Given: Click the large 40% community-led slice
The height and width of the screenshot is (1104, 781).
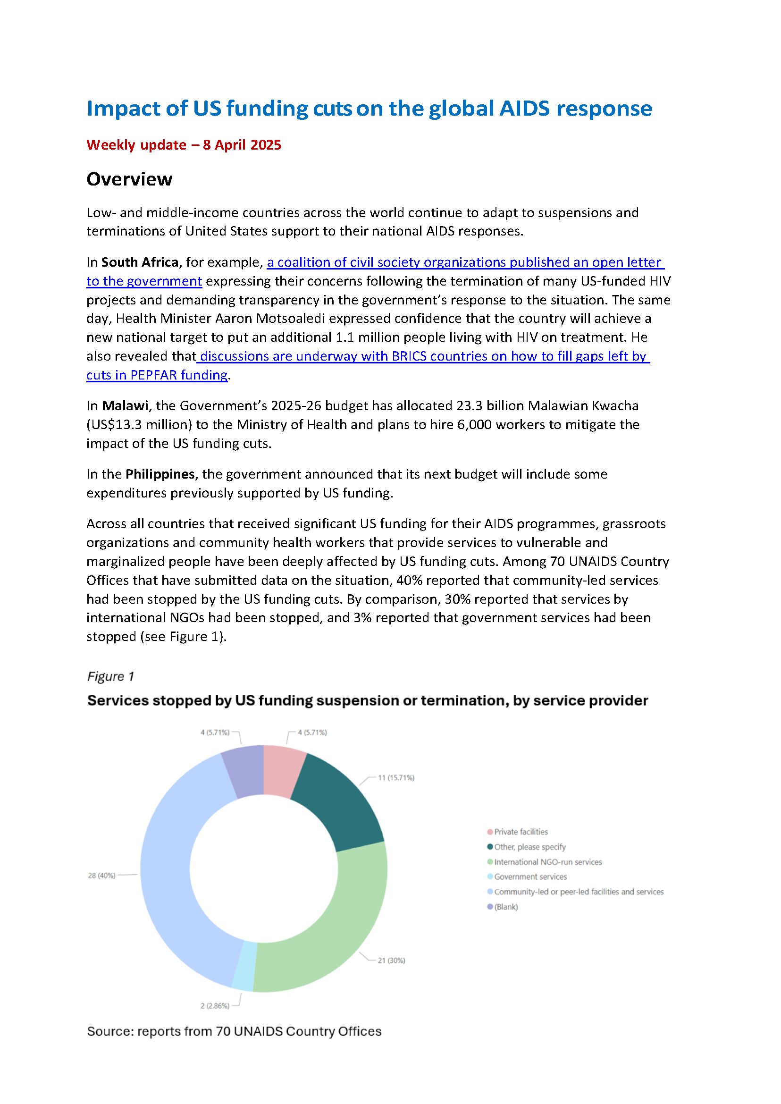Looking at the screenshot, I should coord(178,866).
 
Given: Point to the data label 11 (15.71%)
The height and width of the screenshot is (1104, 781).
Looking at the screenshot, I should coord(396,777).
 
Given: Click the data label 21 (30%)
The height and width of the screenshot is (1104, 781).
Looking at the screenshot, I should coord(391,960).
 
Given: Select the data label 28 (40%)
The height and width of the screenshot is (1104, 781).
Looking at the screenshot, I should coord(101,876).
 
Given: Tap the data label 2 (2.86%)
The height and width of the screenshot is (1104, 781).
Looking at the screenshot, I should coord(215,1005).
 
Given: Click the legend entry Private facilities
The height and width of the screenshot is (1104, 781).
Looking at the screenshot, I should coord(521,832).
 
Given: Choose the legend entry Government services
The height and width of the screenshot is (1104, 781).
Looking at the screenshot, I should coord(530,876).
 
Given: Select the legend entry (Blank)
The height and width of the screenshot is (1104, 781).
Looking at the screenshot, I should coord(505,907).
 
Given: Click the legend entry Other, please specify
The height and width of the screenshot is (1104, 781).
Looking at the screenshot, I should coord(529,847).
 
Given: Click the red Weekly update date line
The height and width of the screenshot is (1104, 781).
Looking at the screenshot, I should coord(184,145).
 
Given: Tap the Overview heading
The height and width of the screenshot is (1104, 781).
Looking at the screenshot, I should coord(129,179).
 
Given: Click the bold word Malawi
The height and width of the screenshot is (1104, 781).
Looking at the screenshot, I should coord(125,405).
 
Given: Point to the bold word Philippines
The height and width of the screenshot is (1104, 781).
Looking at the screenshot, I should coord(160,474).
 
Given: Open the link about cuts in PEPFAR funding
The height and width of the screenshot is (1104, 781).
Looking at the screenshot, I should coord(157,375).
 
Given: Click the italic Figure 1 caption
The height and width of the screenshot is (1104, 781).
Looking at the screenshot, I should coord(110,676).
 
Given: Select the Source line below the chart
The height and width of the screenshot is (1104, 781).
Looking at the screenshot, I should coord(234,1031).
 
